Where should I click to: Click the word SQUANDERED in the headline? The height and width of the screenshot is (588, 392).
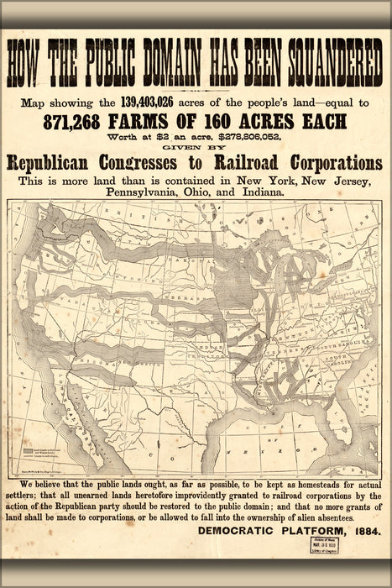coord(321,59)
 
